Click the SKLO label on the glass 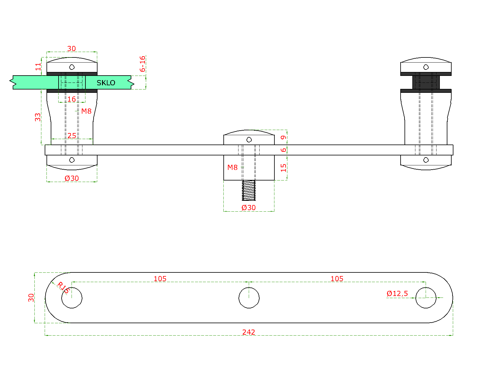[x=106, y=83]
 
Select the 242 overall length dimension [x=249, y=332]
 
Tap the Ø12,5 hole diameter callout [x=397, y=293]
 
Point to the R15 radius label [x=64, y=287]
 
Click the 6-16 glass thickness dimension [x=142, y=63]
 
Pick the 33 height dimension [x=38, y=117]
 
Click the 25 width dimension [x=72, y=135]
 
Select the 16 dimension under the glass [x=72, y=99]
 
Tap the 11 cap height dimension [x=38, y=67]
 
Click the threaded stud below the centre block [x=249, y=190]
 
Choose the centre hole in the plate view [x=249, y=298]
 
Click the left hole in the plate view [x=72, y=298]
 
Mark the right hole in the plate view [x=426, y=298]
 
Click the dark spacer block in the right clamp [x=426, y=82]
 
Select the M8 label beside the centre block [x=232, y=167]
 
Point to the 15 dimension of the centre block [x=283, y=168]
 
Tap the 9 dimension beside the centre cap [x=283, y=138]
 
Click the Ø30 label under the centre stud [x=249, y=207]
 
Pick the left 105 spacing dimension [x=160, y=278]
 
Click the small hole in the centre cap [x=249, y=140]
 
